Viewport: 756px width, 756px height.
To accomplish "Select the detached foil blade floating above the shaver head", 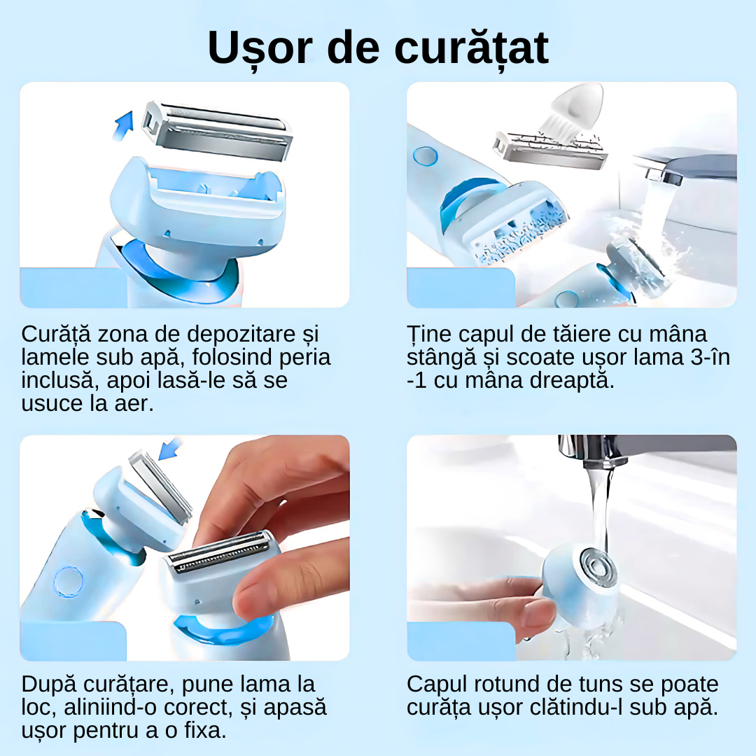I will pyautogui.click(x=218, y=131).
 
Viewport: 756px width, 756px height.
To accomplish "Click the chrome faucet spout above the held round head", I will pyautogui.click(x=591, y=451).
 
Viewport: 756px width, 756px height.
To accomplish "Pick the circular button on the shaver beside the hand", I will pyautogui.click(x=68, y=582).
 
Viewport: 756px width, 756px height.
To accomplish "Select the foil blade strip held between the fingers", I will pyautogui.click(x=221, y=552).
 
